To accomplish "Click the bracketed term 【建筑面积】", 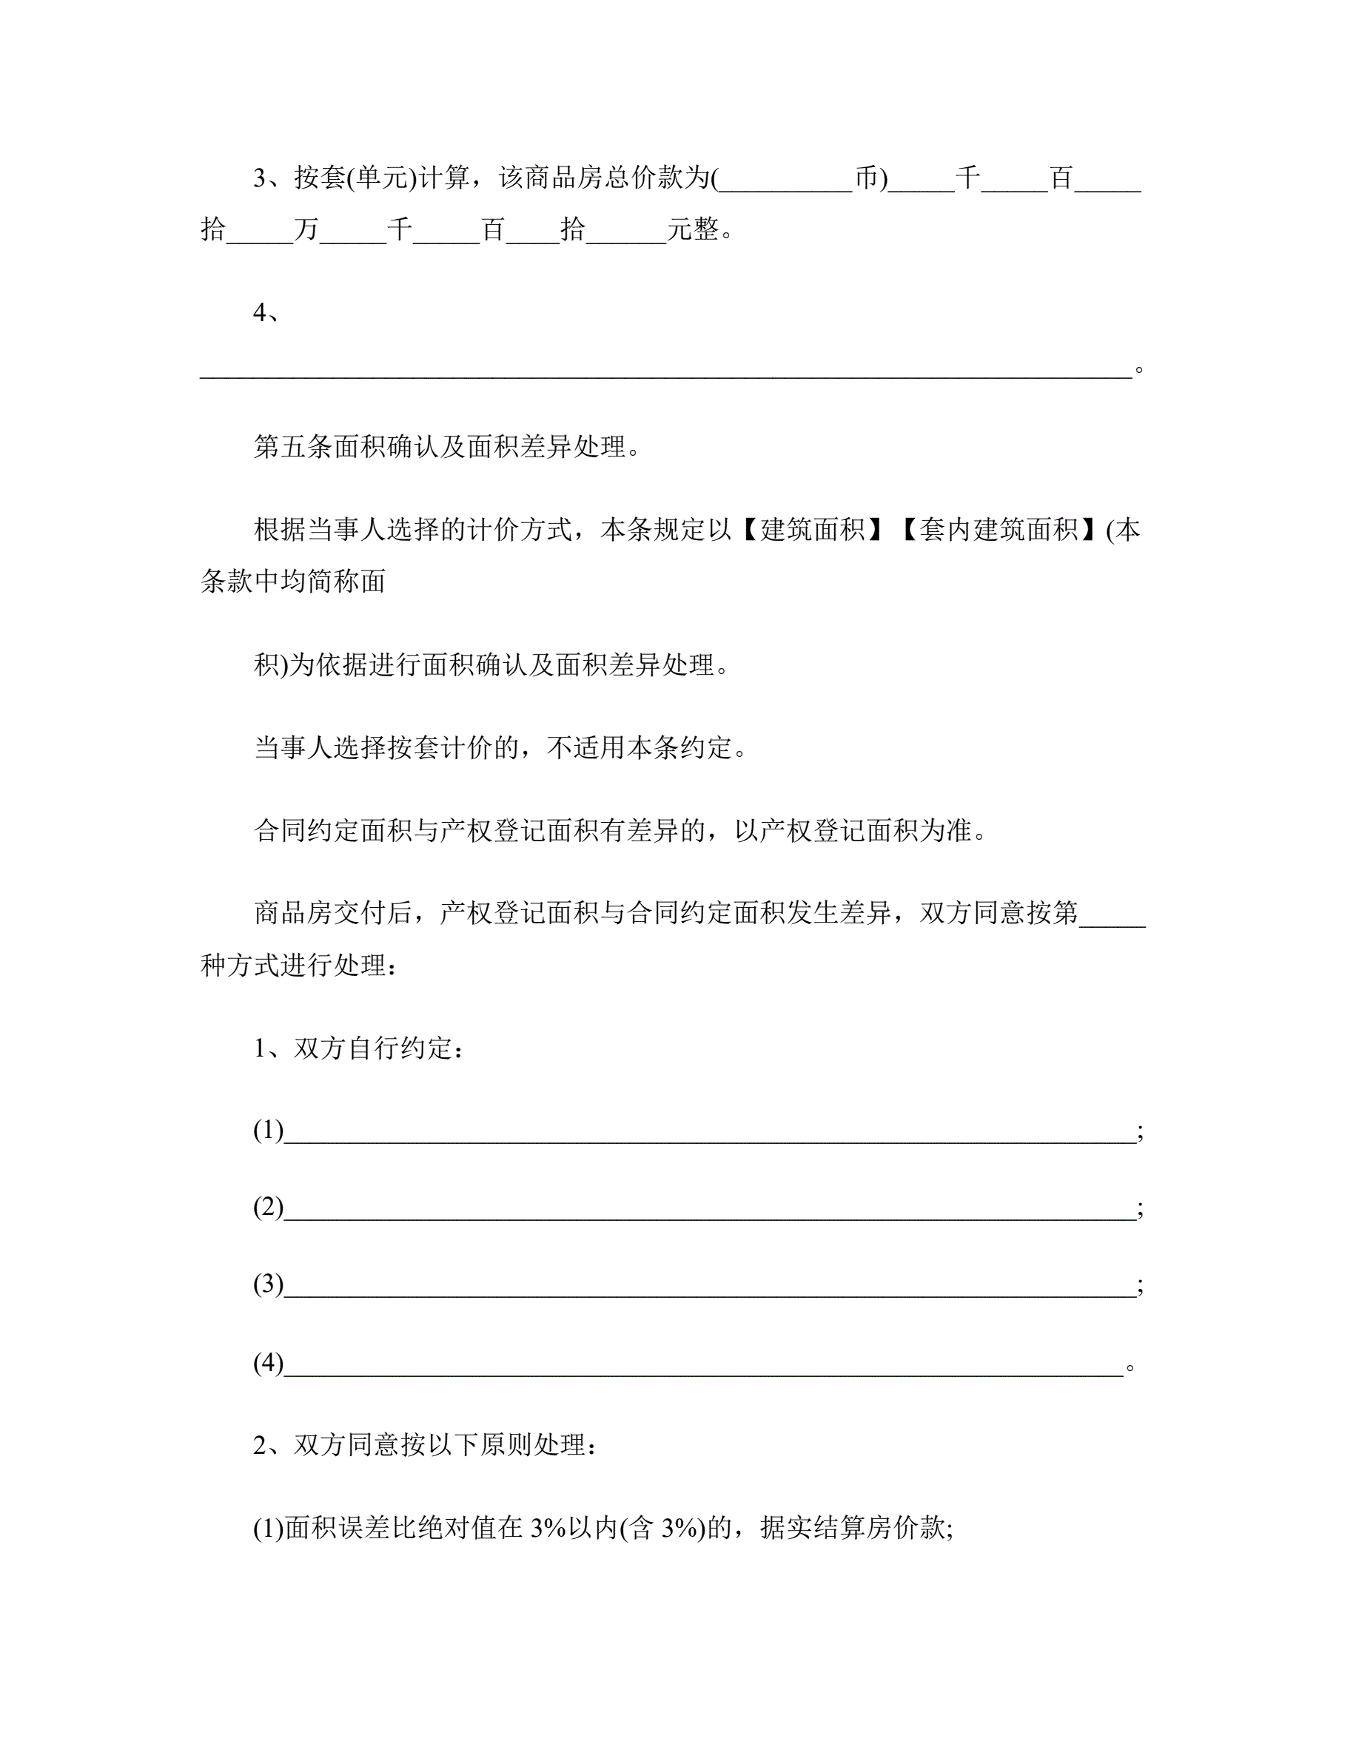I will (812, 530).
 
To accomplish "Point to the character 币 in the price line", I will (866, 178).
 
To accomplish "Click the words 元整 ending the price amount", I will (692, 230).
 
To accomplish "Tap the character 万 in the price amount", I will (306, 230).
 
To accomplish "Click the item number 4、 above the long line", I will (266, 312).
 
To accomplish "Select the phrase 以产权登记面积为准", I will (853, 831).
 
